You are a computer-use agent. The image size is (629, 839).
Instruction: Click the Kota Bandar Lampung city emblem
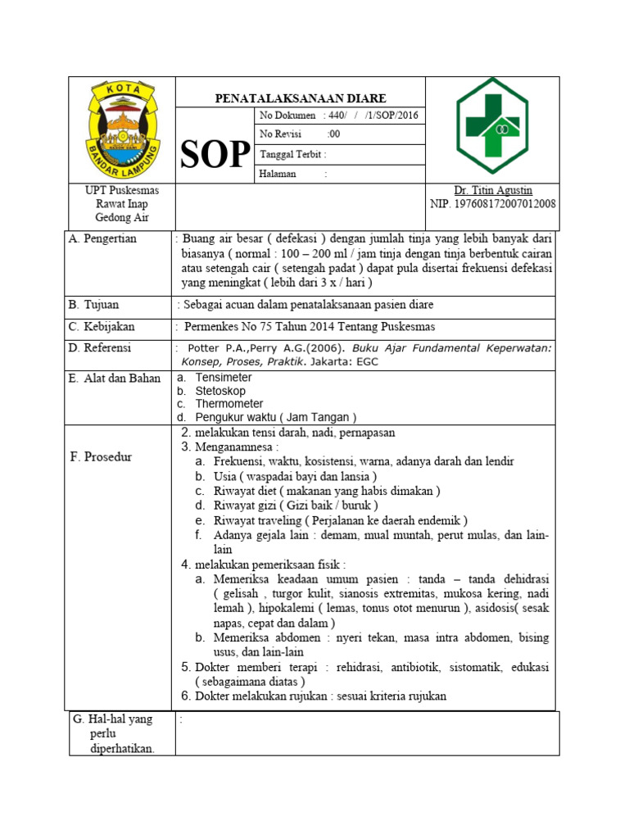122,129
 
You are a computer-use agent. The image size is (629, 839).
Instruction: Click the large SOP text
215,154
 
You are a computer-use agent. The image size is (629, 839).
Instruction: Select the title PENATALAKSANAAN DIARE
300,98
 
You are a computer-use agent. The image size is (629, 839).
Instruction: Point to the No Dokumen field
338,116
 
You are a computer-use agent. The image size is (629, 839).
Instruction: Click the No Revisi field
300,134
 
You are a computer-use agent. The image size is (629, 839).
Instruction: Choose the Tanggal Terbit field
292,154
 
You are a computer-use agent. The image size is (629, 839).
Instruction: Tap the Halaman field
292,174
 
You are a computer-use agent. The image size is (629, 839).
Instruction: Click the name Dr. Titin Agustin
492,190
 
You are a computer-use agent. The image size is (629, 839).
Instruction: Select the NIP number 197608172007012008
492,203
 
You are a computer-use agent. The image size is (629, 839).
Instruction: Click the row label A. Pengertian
103,238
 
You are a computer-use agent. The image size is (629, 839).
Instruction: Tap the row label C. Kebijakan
102,326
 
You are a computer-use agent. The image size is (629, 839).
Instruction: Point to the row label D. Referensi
102,347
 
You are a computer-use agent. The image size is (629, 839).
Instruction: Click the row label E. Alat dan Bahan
115,379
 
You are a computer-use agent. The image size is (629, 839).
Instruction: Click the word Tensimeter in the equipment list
224,378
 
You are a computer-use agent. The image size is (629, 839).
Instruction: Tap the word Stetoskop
220,391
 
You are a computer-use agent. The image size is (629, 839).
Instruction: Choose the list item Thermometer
229,404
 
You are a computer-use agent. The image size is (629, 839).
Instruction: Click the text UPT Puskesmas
122,190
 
